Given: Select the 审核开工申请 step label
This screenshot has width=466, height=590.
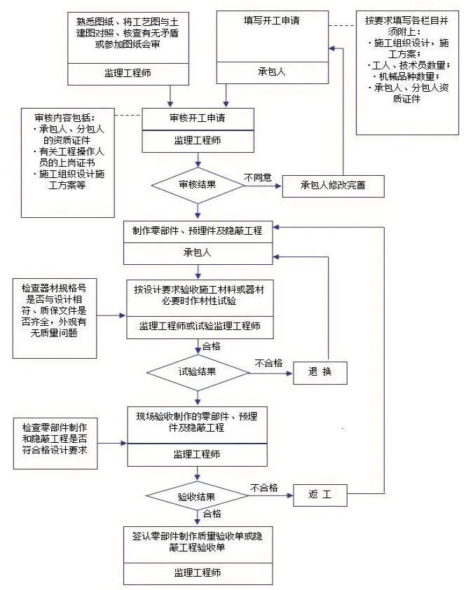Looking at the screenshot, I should coord(198,117).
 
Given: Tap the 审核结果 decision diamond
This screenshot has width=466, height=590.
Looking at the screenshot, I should coord(198,186).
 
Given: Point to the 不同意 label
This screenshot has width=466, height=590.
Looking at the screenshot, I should coord(257,177).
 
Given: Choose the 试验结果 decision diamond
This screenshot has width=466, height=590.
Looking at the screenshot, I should coord(198,371).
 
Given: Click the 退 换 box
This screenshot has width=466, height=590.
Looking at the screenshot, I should coord(320,371).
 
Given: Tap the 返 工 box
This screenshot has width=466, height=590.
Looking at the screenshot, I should coord(318,496).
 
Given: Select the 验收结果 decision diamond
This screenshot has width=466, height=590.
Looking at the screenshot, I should coord(198,496).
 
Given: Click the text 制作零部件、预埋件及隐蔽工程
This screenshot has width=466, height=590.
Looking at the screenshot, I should coord(198,231).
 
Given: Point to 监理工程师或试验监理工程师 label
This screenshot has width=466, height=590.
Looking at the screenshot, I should coord(198,326).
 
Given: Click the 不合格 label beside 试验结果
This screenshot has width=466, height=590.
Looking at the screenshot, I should coord(268,363).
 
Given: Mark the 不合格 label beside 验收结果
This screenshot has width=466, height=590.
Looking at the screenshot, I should coord(263,488).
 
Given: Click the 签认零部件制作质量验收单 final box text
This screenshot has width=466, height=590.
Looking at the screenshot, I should coord(198,541).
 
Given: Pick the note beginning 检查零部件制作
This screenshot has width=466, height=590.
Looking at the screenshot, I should coord(54,439).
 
